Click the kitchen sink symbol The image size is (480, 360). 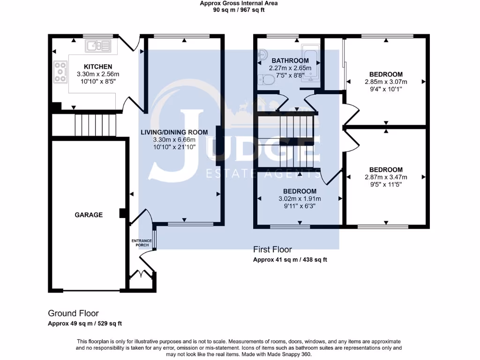click(x=98, y=46)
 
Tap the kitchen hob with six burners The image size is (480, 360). click(x=60, y=72)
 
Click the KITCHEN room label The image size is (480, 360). click(x=98, y=67)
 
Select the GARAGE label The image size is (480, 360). click(x=89, y=215)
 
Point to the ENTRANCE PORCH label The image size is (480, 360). click(x=142, y=243)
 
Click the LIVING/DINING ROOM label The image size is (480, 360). click(x=174, y=132)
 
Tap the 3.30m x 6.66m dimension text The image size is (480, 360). click(x=174, y=140)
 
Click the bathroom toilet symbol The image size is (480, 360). click(x=267, y=80)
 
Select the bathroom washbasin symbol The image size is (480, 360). click(x=263, y=55)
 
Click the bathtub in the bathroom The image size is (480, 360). click(x=311, y=63)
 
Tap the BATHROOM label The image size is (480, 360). click(x=290, y=60)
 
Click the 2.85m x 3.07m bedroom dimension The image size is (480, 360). click(x=386, y=82)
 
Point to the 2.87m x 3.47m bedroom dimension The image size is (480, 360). click(x=386, y=177)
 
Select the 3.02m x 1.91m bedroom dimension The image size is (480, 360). click(x=300, y=199)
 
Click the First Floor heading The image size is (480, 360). click(x=272, y=249)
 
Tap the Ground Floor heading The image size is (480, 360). click(x=73, y=314)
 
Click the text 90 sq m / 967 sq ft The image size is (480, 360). click(x=239, y=10)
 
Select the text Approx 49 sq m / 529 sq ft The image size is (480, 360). click(x=85, y=323)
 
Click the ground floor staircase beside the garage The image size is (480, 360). click(x=96, y=125)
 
